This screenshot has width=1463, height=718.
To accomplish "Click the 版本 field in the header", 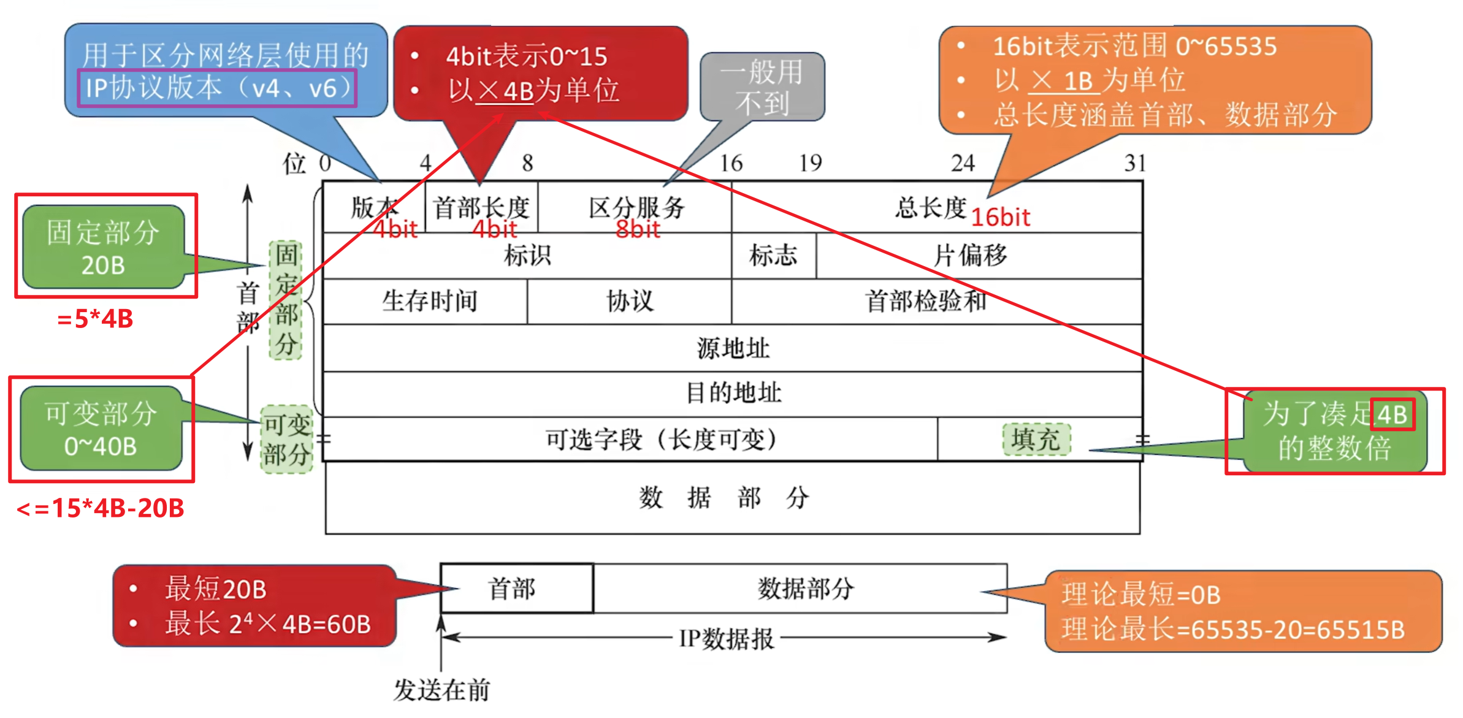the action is (374, 207).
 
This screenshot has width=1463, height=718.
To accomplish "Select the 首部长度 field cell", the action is (481, 207).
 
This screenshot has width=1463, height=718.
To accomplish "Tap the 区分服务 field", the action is (635, 207).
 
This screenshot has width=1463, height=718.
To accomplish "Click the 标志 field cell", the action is (774, 255).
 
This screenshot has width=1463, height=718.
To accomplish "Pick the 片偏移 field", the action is (979, 255).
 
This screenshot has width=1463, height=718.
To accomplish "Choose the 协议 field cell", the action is (630, 301).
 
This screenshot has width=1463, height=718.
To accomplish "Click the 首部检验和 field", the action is (937, 301).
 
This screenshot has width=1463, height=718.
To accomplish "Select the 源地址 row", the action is (733, 348).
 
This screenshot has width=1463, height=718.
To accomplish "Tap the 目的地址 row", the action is (733, 393).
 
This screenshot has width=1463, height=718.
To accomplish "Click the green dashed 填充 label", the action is (1036, 439).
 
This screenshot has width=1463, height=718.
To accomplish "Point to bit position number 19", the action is (810, 162).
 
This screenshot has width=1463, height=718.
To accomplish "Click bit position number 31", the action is (1134, 162).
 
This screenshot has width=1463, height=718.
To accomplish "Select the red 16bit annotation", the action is (1001, 217).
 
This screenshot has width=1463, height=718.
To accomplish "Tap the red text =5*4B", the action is (95, 319).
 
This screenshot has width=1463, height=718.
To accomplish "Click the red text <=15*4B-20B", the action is (101, 508).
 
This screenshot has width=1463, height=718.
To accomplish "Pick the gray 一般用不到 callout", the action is (762, 87).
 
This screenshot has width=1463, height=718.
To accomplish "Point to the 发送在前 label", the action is (442, 690).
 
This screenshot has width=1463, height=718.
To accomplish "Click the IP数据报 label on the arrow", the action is (727, 639).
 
